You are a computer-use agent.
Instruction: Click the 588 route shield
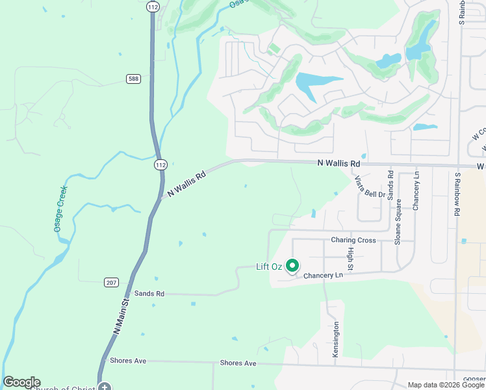pos(133,79)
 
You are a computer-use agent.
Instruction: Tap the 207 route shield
pos(111,282)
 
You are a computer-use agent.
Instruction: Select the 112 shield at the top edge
pos(152,6)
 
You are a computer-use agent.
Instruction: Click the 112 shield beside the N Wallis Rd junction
pos(160,165)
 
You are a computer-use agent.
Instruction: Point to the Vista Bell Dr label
pos(365,185)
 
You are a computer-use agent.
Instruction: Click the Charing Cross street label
pos(353,240)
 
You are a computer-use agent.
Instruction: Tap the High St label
pos(350,255)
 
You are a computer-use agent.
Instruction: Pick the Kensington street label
pos(336,338)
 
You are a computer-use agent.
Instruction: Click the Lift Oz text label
pos(270,266)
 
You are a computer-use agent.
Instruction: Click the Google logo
pos(21,383)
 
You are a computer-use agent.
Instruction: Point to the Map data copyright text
pos(445,385)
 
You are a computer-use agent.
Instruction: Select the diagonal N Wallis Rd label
pos(186,184)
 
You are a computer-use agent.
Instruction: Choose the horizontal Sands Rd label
pos(149,294)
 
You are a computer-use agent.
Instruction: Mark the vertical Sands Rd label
pos(390,185)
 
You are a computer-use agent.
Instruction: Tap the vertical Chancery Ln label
pos(416,190)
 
